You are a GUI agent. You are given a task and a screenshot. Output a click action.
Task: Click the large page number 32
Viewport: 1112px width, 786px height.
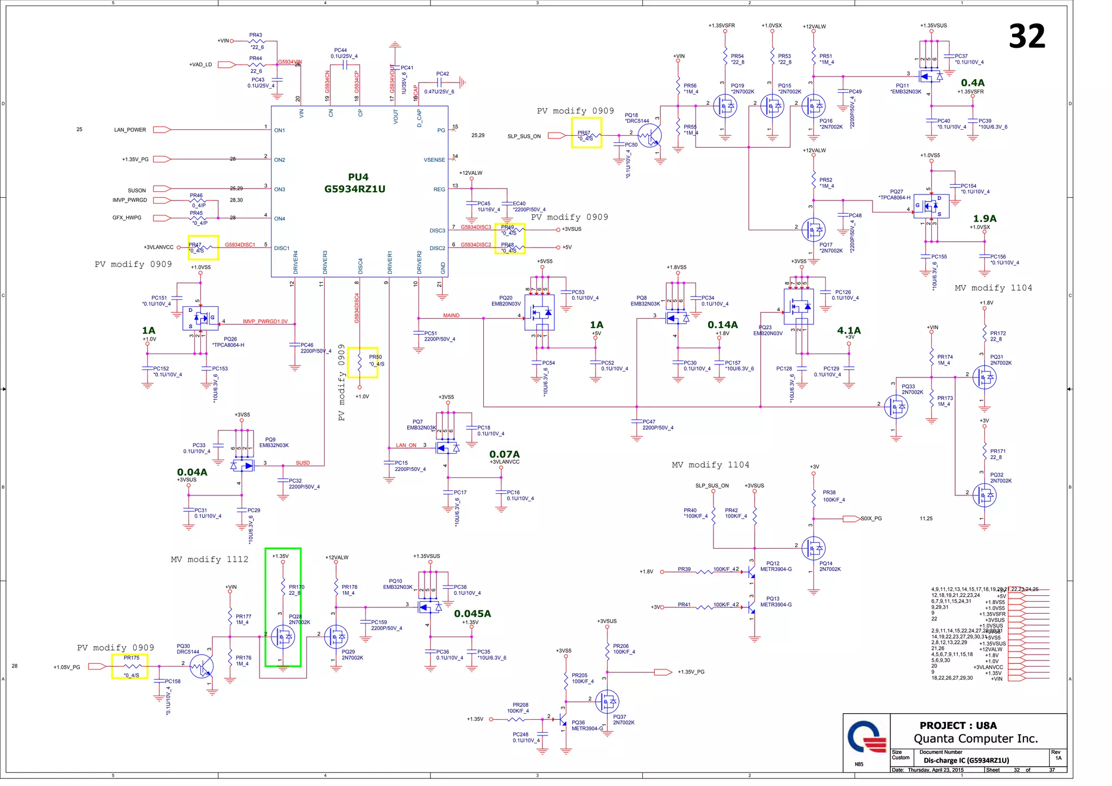[x=1026, y=36]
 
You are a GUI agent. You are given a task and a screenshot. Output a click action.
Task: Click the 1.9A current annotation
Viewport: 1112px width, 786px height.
[x=984, y=218]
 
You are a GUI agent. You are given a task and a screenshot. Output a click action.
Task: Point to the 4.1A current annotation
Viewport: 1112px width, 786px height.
[x=849, y=330]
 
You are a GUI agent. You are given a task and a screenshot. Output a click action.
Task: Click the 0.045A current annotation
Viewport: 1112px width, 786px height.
[x=472, y=613]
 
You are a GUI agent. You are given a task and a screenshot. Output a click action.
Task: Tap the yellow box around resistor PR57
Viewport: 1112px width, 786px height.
[x=586, y=133]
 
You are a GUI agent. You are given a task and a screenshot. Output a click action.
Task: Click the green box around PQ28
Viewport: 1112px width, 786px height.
[x=283, y=607]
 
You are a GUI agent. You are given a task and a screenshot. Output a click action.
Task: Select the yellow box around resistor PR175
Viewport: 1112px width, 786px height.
[x=129, y=666]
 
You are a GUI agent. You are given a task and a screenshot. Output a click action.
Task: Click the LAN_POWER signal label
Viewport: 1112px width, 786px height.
[x=130, y=130]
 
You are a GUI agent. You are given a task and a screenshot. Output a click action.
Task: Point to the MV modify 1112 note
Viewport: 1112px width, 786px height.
[x=210, y=559]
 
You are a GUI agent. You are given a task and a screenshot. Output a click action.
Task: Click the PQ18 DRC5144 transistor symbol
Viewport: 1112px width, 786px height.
[x=649, y=135]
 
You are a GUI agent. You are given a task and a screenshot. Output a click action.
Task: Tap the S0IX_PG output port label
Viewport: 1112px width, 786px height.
[x=871, y=519]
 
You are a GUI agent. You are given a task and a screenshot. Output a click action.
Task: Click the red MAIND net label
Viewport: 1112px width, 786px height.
[x=451, y=316]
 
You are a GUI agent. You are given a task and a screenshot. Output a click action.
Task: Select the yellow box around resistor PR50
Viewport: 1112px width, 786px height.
[x=362, y=362]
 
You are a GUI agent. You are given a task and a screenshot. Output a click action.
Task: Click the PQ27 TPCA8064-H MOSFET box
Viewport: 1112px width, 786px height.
[x=931, y=206]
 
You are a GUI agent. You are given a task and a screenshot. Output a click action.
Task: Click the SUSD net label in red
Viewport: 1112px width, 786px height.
[x=302, y=463]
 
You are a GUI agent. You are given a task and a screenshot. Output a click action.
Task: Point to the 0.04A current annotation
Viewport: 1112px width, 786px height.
[x=192, y=472]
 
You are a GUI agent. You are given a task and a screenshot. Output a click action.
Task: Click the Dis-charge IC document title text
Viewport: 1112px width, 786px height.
[x=966, y=760]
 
